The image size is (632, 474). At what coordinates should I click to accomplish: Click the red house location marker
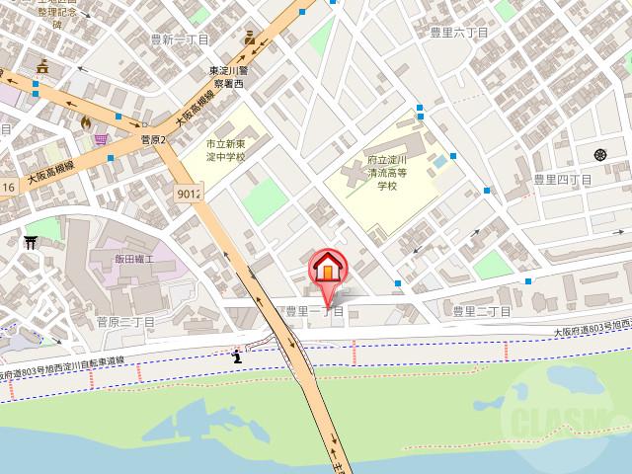pos(327,269)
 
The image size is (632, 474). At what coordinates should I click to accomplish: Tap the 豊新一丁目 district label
pos(179,39)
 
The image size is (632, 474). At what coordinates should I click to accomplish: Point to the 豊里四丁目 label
pos(562,180)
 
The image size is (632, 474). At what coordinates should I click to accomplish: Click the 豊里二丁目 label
pos(482,312)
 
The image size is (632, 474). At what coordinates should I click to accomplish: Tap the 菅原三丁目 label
pos(125,322)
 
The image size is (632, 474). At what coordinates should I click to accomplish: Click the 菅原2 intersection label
pos(156,140)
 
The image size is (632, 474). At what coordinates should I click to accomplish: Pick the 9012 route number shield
pos(189,194)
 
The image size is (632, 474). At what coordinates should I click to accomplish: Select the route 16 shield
pos(7,187)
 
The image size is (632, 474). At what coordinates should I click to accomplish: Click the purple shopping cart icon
pos(101,140)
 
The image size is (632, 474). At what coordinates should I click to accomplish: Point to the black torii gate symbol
pos(31,242)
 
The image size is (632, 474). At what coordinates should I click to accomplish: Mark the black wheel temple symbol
pos(600,153)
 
